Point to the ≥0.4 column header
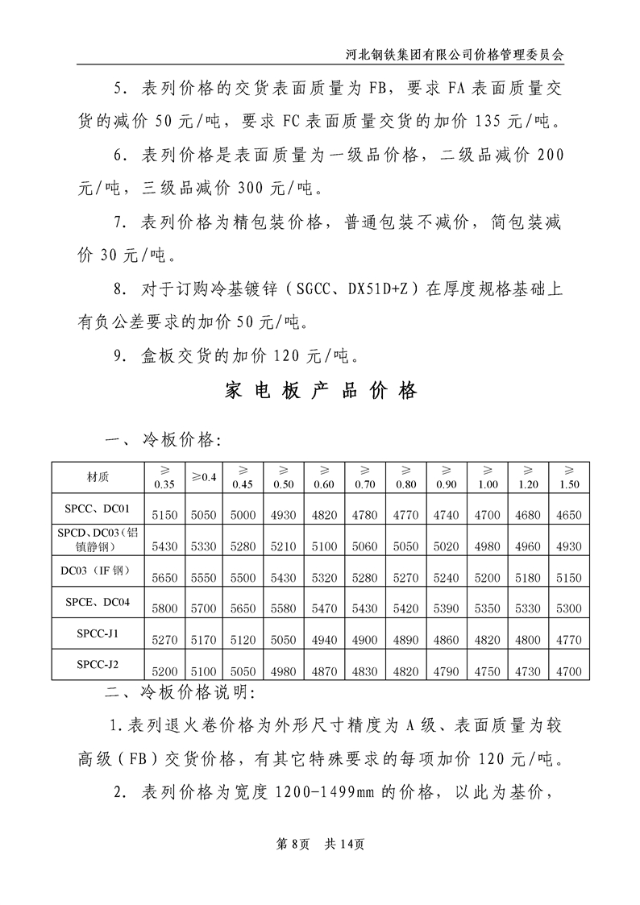(x=204, y=477)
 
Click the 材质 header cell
(x=98, y=476)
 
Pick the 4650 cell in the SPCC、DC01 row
(x=567, y=514)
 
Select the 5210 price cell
(x=283, y=546)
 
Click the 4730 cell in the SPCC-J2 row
(x=528, y=671)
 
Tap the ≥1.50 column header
(x=567, y=477)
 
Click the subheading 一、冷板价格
(x=160, y=439)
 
